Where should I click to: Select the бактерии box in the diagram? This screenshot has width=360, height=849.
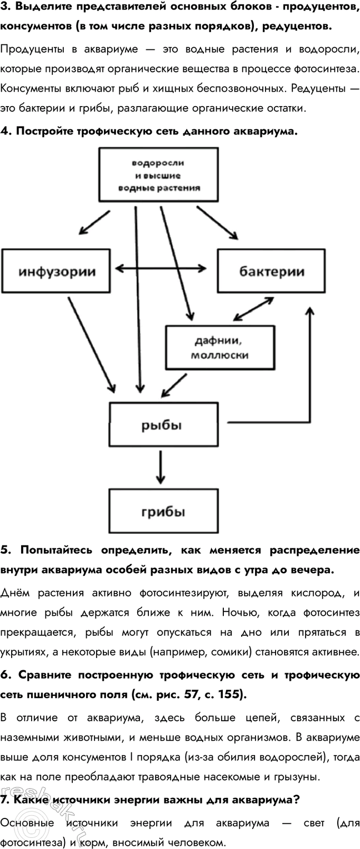pyautogui.click(x=271, y=272)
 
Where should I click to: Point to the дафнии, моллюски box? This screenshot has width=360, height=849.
pyautogui.click(x=219, y=347)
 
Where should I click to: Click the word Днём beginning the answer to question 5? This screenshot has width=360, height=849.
pyautogui.click(x=17, y=592)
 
